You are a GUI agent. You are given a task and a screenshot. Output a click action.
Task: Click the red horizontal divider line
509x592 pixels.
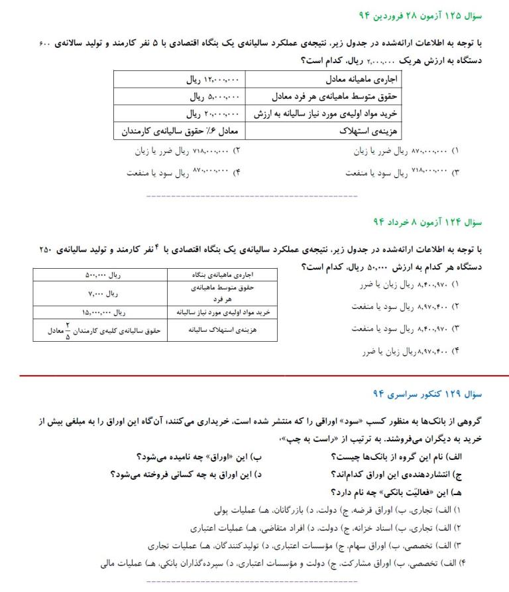coord(254,375)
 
